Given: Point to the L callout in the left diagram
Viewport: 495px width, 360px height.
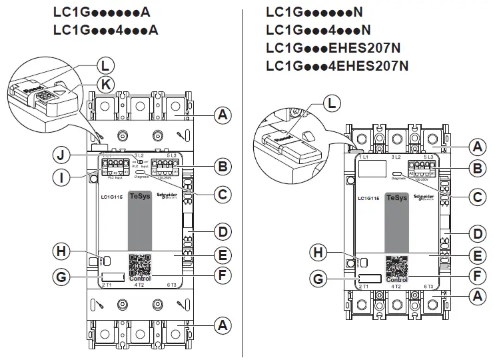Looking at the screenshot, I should [x=104, y=65].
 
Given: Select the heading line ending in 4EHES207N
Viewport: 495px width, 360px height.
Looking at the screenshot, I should [x=337, y=65].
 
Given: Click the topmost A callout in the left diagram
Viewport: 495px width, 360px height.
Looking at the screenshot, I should [x=224, y=115].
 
